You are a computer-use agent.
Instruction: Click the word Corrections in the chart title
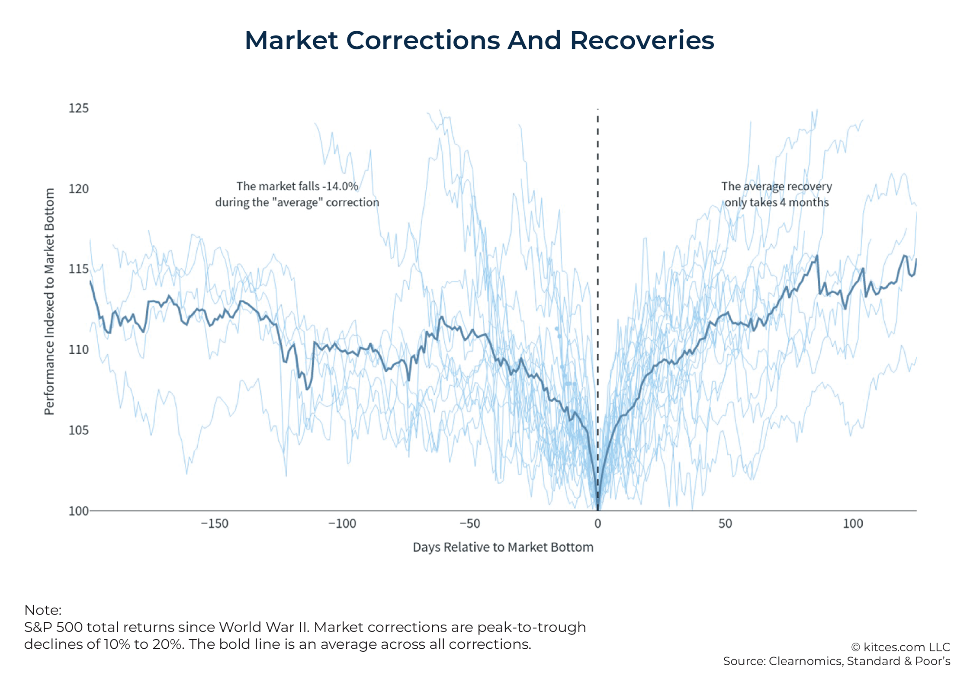click(423, 40)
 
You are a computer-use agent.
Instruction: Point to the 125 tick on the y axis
click(78, 108)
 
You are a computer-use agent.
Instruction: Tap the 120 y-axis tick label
click(78, 189)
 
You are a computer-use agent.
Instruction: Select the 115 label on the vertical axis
click(78, 269)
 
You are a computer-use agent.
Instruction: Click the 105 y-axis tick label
click(78, 430)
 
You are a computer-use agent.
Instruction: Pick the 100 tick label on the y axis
click(78, 511)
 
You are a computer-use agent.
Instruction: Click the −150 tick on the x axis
click(215, 524)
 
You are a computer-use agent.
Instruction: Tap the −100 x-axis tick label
click(342, 524)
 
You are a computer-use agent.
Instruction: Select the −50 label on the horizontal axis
click(470, 524)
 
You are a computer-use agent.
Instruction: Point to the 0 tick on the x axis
click(597, 524)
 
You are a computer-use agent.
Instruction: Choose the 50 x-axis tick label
click(725, 524)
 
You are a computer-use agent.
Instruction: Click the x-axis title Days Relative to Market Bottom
click(503, 547)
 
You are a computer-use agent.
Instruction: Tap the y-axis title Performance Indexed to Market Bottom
click(49, 301)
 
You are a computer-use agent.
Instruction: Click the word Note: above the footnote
click(43, 610)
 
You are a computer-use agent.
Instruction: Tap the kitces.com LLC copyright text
click(901, 647)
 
